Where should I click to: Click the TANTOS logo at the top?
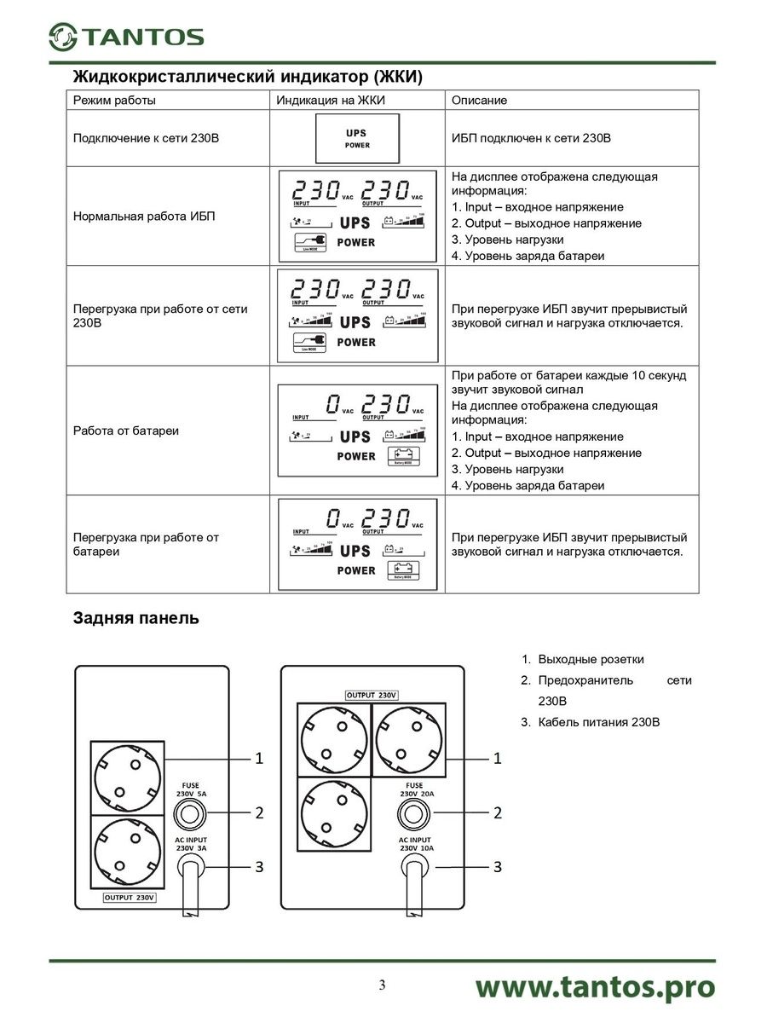point(125,36)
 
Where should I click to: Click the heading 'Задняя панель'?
point(136,618)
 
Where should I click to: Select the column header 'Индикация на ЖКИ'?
point(331,101)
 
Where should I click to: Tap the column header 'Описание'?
point(479,101)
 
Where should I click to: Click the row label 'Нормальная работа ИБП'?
point(144,216)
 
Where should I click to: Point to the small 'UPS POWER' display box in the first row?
point(357,139)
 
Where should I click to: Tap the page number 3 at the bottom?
point(383,986)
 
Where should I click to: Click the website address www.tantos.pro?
point(594,987)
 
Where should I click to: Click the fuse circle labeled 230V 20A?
point(415,813)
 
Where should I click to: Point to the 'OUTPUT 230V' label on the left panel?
point(130,898)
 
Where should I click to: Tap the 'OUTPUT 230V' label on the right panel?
point(372,695)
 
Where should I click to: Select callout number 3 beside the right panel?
point(498,866)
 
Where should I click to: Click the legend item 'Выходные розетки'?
point(591,659)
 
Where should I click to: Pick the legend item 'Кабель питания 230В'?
point(599,722)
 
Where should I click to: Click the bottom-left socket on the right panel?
point(332,814)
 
